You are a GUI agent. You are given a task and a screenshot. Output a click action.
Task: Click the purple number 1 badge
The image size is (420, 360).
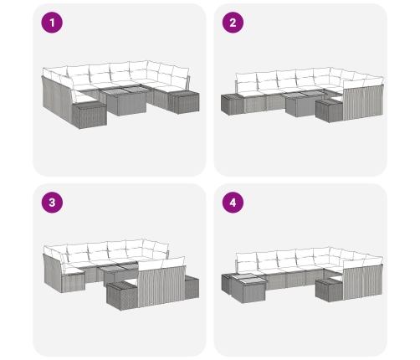52,23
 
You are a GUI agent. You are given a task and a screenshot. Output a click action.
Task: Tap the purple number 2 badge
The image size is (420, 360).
233,23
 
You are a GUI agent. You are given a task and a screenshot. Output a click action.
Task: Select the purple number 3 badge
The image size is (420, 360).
52,203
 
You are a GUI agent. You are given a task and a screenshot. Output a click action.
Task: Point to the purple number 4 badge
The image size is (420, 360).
233,203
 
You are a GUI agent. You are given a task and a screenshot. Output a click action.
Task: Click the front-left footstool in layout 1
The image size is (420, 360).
89,115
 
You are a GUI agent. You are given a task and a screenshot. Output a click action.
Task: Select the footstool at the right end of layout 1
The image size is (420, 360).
183,102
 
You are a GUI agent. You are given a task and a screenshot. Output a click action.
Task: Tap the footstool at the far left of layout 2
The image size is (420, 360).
232,105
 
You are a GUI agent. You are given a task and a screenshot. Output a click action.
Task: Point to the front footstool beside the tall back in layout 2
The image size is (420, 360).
329,111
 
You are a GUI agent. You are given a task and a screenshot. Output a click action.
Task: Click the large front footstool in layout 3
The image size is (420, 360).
122,296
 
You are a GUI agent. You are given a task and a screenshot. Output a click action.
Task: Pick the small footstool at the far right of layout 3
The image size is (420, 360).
192,287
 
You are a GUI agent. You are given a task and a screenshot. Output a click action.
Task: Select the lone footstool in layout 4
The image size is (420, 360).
329,291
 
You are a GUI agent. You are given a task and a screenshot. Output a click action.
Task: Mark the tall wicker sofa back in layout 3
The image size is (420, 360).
161,285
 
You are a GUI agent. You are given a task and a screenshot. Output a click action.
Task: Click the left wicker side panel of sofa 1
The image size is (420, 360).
57,100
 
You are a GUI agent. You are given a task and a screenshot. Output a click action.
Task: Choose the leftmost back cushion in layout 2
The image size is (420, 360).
246,82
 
